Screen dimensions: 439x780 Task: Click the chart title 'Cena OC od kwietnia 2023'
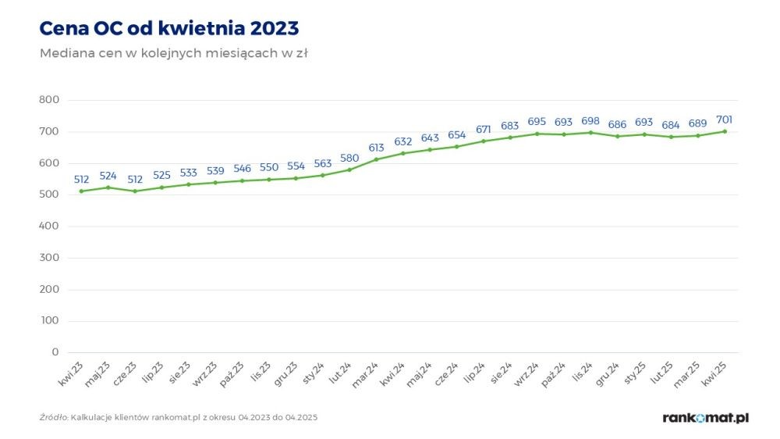[x=168, y=28]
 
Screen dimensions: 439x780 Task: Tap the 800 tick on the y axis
[x=49, y=100]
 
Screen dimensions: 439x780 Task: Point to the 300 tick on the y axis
[x=49, y=258]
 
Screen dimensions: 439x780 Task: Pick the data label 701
[x=725, y=120]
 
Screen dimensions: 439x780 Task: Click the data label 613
[x=377, y=148]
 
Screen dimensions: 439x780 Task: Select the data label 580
[x=349, y=158]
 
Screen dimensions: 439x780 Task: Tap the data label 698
[x=590, y=121]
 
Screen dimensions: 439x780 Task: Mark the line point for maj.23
[x=108, y=187]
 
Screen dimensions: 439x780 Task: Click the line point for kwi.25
[x=725, y=131]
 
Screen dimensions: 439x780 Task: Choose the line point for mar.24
[x=377, y=159]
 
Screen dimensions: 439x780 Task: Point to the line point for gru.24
[x=618, y=136]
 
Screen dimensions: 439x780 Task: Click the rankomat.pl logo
[x=705, y=418]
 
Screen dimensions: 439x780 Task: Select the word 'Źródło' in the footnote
[x=53, y=418]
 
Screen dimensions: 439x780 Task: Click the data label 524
[x=108, y=176]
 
